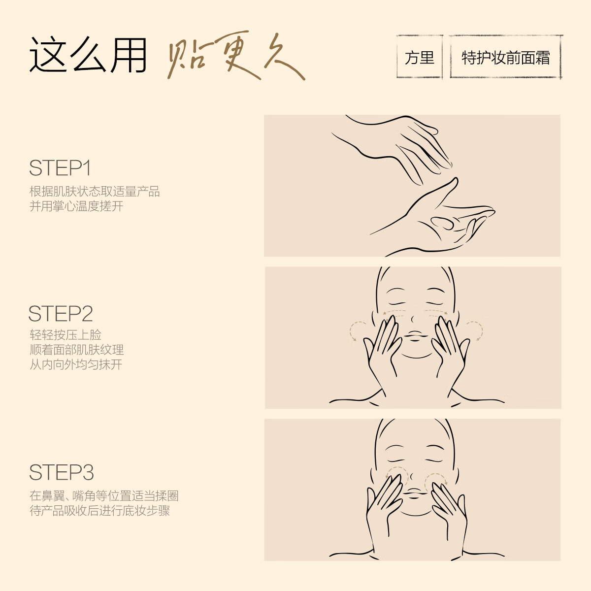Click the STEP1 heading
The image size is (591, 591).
(x=60, y=168)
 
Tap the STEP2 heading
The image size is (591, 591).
(x=61, y=314)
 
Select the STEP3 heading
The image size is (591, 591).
(x=61, y=472)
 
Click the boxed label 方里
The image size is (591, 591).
(x=419, y=58)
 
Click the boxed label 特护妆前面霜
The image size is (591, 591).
(x=505, y=58)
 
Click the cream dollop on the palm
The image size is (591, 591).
(x=442, y=222)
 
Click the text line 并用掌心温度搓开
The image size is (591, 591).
(x=76, y=206)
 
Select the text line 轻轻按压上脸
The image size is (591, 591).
(x=66, y=335)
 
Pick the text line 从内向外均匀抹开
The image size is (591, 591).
(x=76, y=364)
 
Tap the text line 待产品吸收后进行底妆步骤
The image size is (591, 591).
(x=99, y=510)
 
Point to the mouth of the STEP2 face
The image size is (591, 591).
(x=415, y=336)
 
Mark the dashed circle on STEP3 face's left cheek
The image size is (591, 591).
(x=397, y=476)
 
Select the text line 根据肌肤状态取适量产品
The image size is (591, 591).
(x=95, y=191)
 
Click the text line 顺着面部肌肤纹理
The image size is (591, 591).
(x=76, y=350)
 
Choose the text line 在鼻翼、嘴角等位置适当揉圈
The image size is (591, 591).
(x=104, y=495)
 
